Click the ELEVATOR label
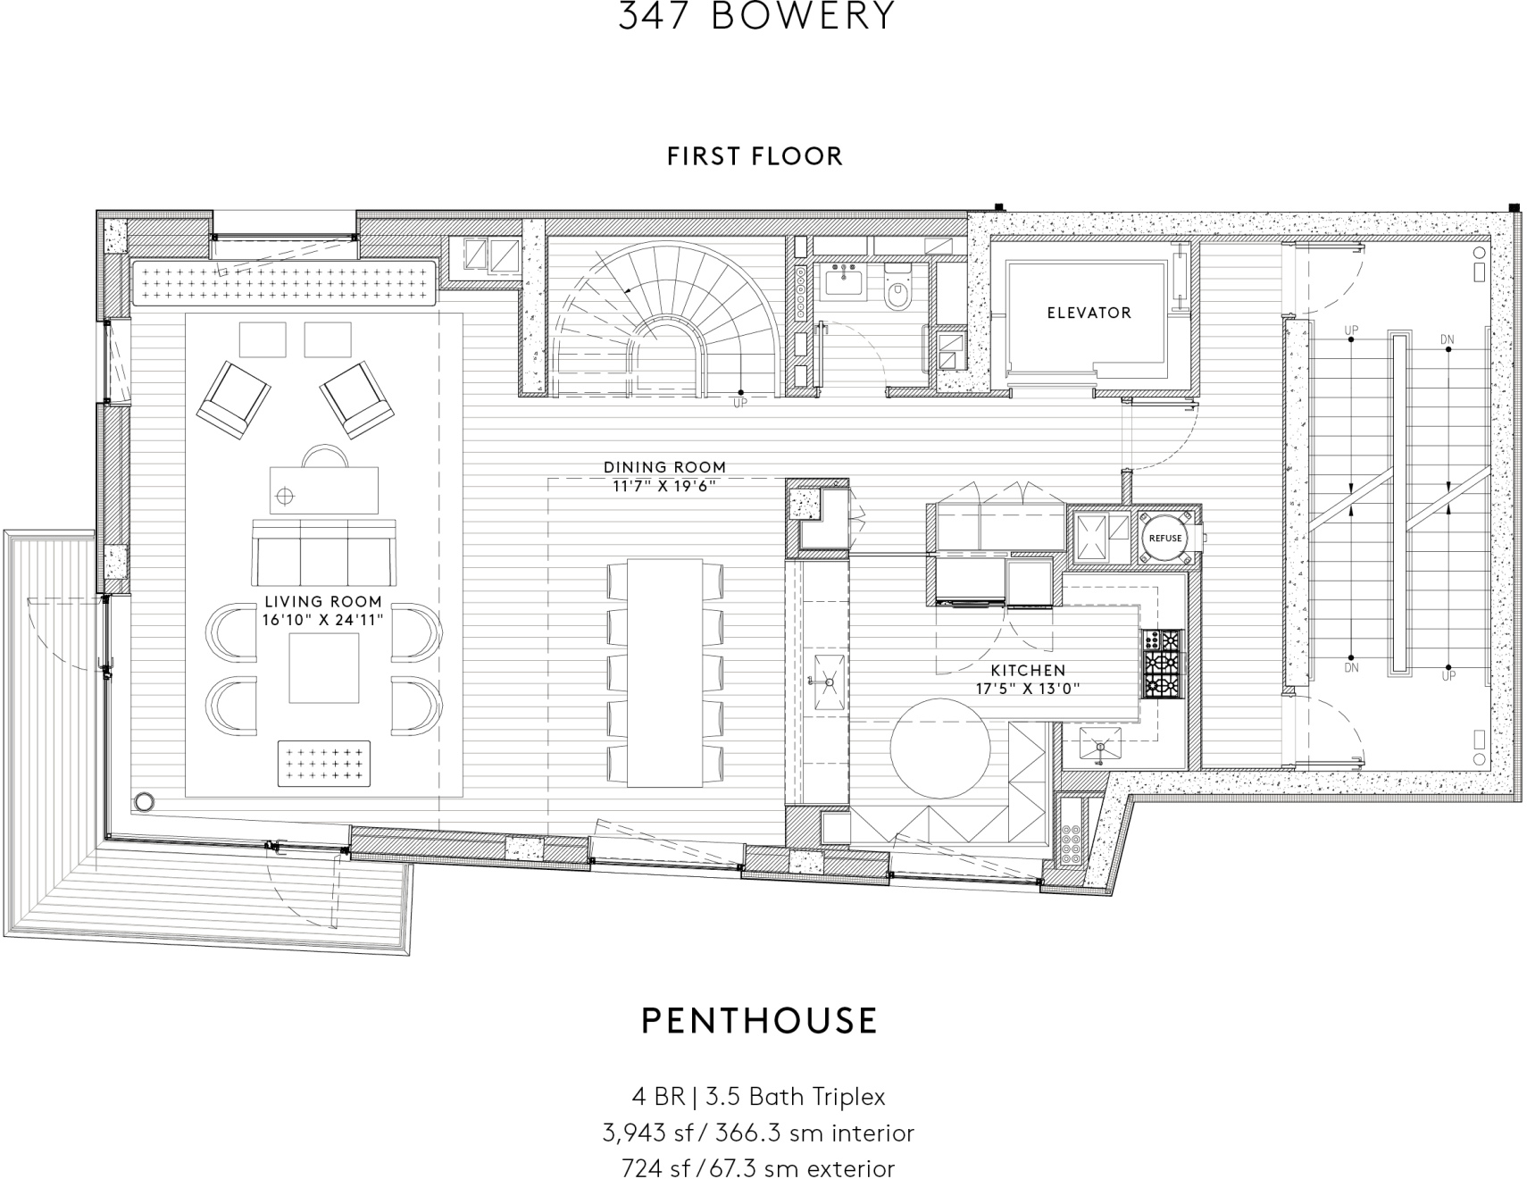coord(1089,313)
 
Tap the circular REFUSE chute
coord(1164,538)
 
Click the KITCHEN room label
coord(1028,670)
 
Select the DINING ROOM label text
coord(664,467)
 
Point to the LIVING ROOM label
coord(322,602)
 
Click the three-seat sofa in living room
coord(323,551)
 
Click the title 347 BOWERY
coord(755,16)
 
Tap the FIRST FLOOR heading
coord(755,156)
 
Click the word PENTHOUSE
coord(760,1020)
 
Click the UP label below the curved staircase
coord(740,403)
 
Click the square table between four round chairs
coord(323,668)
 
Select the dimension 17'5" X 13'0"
coord(1028,689)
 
